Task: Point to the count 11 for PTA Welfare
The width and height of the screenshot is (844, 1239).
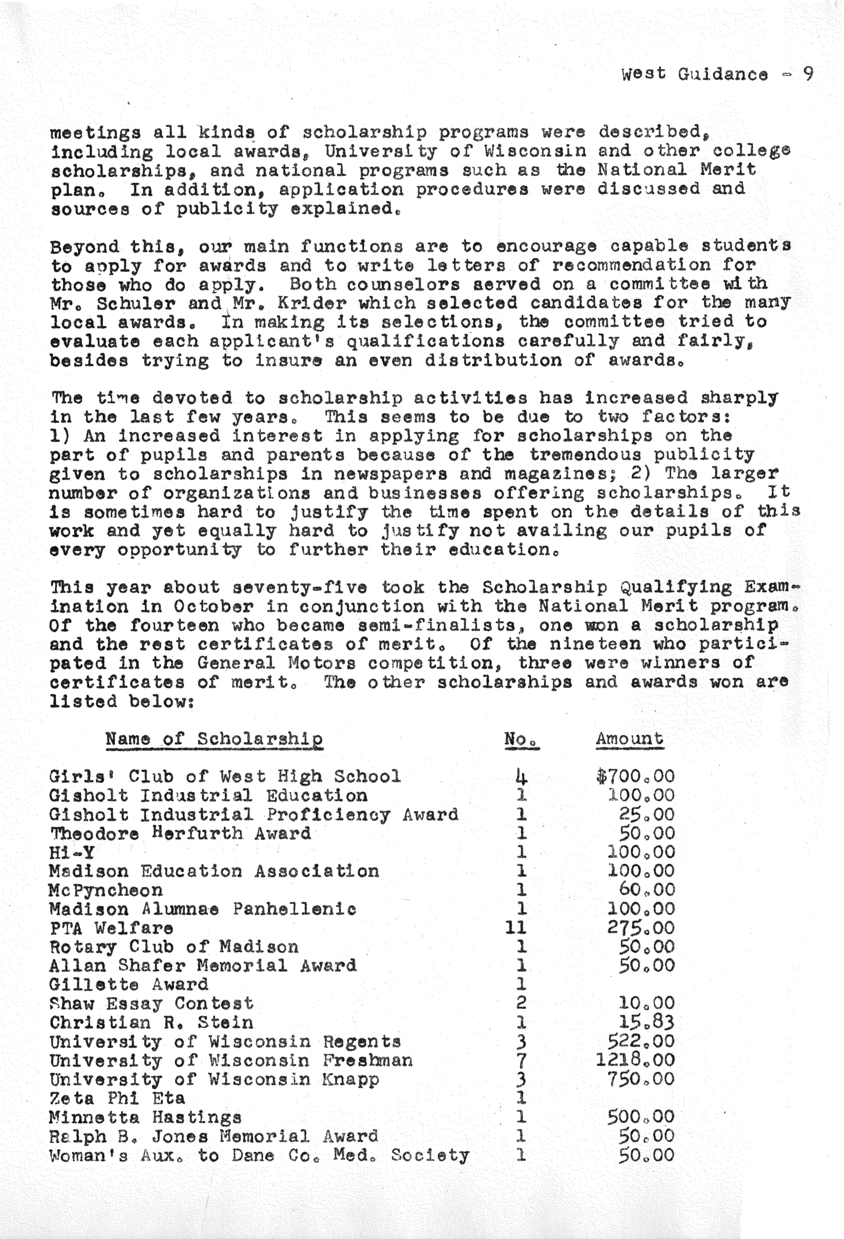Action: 516,928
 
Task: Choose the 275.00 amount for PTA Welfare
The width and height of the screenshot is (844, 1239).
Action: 641,928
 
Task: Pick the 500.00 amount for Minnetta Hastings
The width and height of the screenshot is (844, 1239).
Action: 641,1117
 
